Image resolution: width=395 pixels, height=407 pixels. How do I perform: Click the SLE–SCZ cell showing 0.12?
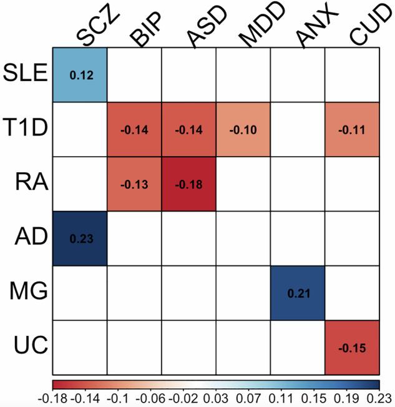click(x=80, y=75)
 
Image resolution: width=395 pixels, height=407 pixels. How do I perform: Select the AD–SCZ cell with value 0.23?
click(x=80, y=238)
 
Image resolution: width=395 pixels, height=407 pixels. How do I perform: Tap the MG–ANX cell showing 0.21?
click(x=298, y=293)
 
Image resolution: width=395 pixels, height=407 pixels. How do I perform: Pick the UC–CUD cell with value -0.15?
click(x=352, y=347)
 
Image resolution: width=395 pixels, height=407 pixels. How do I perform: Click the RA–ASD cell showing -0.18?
click(x=189, y=184)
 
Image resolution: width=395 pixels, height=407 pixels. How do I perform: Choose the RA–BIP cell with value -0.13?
click(x=135, y=184)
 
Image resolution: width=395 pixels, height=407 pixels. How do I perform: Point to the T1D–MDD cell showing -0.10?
click(x=243, y=130)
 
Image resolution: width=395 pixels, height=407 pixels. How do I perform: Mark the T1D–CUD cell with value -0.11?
click(x=352, y=130)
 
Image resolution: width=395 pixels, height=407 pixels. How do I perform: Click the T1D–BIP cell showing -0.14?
click(x=135, y=130)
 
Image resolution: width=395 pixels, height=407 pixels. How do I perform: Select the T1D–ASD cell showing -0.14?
click(x=189, y=130)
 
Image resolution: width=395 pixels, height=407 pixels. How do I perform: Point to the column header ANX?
click(x=310, y=28)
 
